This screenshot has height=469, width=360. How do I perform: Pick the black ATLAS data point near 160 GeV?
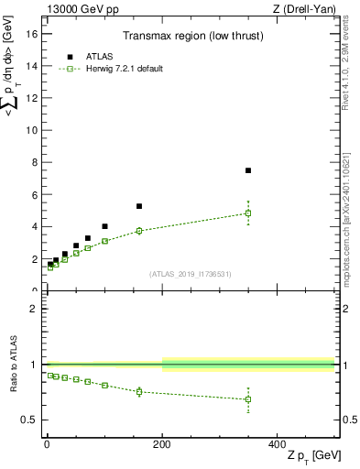point(139,206)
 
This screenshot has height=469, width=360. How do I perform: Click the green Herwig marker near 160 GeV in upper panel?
point(139,231)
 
